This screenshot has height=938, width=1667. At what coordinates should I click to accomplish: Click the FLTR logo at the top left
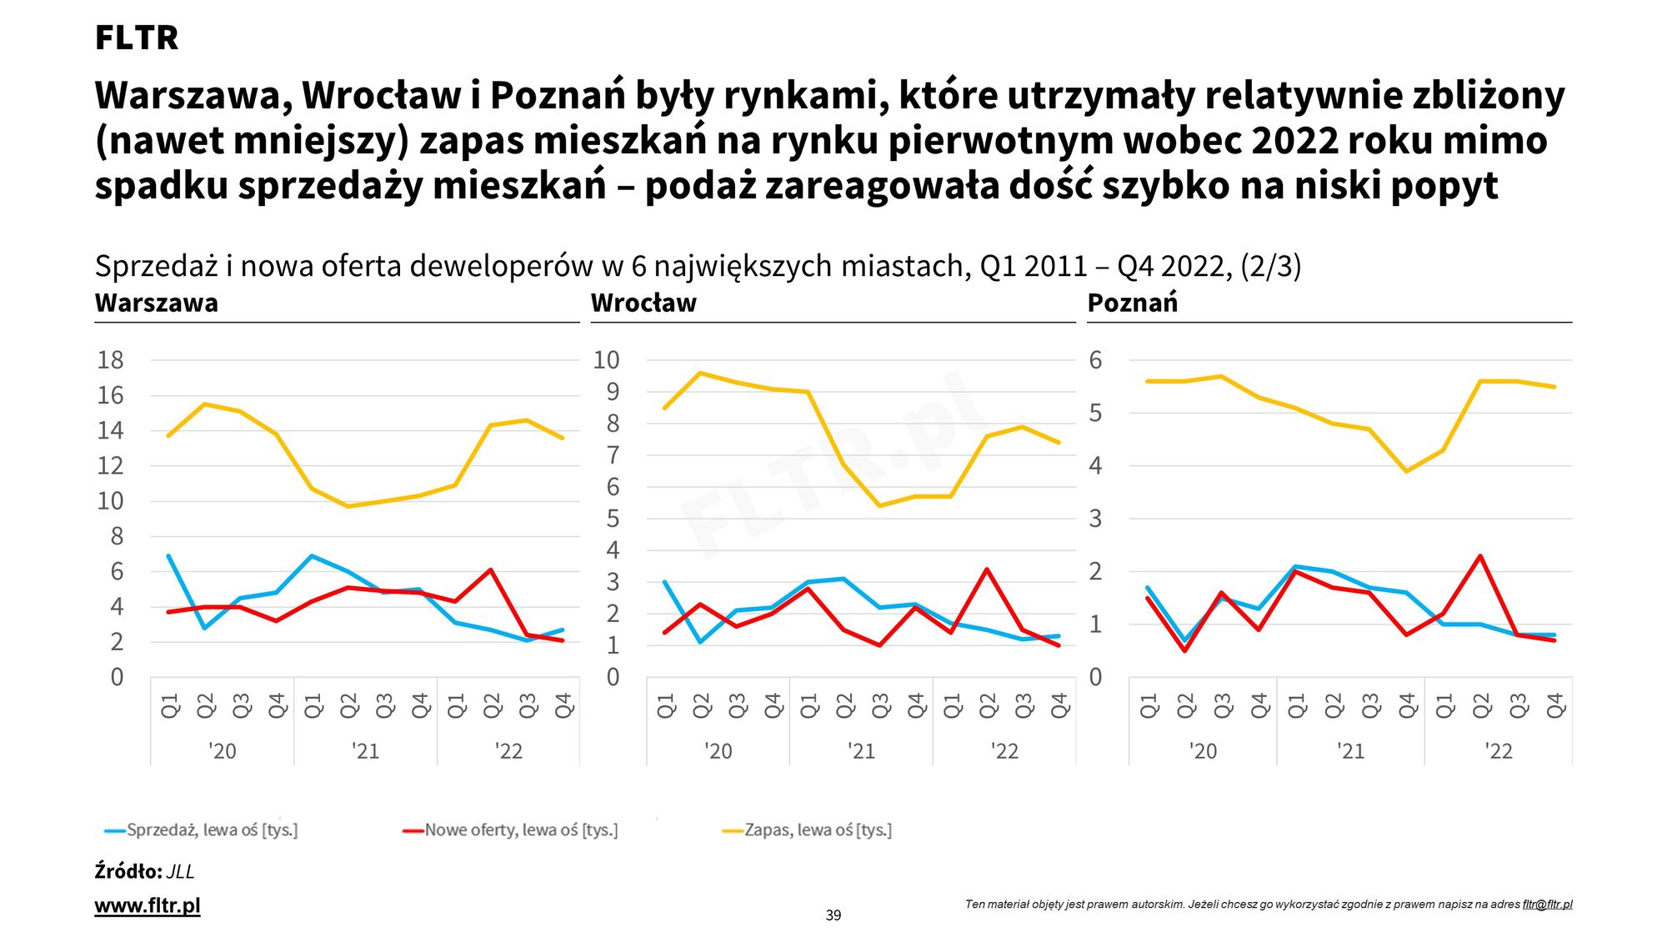click(x=137, y=38)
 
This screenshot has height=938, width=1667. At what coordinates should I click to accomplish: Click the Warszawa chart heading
click(x=157, y=303)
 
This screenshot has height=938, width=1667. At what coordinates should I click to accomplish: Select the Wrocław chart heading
click(x=643, y=303)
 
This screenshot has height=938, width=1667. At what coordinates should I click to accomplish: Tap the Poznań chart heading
click(x=1133, y=303)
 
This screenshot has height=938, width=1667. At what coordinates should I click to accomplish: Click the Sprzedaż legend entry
click(x=202, y=830)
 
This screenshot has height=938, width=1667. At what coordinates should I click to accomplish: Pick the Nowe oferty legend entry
click(x=511, y=830)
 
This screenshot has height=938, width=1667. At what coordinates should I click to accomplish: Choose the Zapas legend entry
click(x=807, y=830)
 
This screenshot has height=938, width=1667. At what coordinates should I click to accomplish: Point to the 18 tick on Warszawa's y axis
click(x=110, y=360)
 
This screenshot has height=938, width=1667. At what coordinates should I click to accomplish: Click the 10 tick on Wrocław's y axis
click(x=606, y=360)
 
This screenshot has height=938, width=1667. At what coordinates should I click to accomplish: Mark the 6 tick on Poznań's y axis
click(x=1095, y=360)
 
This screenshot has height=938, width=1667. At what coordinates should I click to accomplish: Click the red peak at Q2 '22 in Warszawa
click(x=491, y=570)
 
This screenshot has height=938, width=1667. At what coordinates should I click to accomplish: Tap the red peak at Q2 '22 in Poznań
click(x=1480, y=555)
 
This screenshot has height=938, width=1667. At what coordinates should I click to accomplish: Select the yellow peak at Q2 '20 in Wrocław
click(x=700, y=373)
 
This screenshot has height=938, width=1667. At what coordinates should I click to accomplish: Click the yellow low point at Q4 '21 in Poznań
click(x=1407, y=471)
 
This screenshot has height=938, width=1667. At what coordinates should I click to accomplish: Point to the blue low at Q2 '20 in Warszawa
click(x=205, y=628)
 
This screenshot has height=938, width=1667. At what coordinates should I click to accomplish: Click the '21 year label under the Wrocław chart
click(x=861, y=751)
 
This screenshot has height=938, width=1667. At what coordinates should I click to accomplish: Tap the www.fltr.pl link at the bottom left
click(x=148, y=905)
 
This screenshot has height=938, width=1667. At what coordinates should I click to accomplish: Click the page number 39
click(x=833, y=915)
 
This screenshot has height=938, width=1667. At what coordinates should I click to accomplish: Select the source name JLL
click(x=180, y=872)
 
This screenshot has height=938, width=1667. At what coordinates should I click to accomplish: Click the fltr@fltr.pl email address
click(x=1547, y=904)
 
